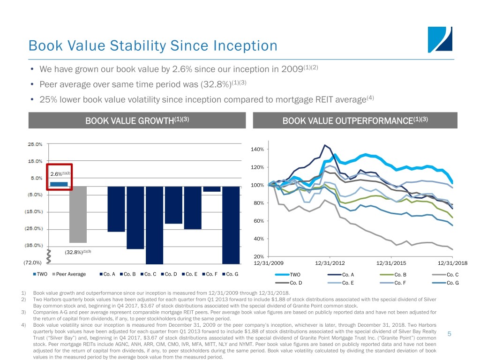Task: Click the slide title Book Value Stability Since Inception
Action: (152, 46)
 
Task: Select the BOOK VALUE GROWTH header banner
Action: (137, 120)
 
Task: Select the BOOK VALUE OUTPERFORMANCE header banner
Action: (355, 120)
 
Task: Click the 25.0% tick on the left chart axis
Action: (35, 144)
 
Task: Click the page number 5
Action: (449, 334)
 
